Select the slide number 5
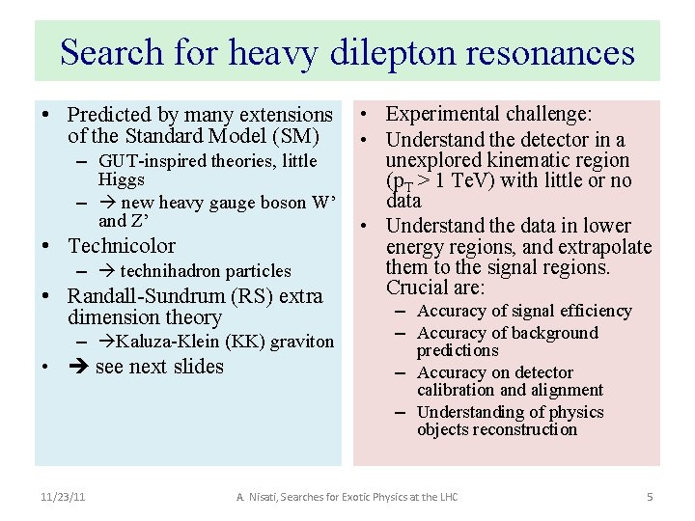coord(650,496)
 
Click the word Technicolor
coord(122,246)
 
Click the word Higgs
coord(122,179)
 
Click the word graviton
coord(301,341)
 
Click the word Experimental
coord(434,115)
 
